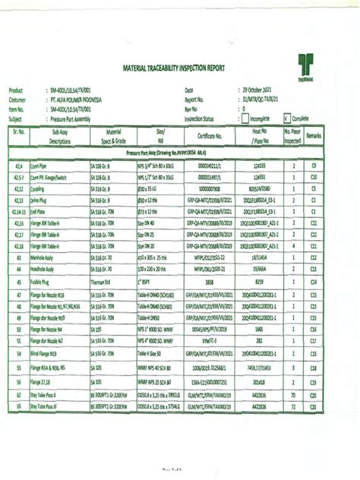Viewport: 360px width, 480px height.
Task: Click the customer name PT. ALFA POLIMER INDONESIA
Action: [87, 99]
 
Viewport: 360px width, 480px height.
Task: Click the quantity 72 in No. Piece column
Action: [293, 409]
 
